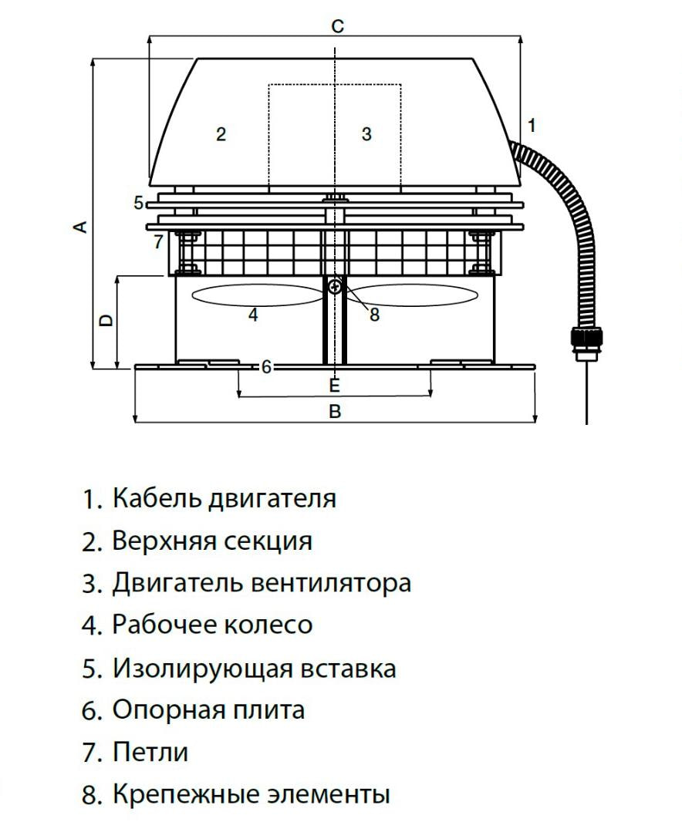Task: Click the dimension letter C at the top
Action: (x=337, y=25)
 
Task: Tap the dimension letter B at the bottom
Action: (x=335, y=411)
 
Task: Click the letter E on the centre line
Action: (x=334, y=384)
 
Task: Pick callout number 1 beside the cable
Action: (x=531, y=124)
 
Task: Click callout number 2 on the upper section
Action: (x=221, y=134)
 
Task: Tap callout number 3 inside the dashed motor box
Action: (x=366, y=134)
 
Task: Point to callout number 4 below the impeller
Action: (x=253, y=315)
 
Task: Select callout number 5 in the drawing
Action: (x=138, y=204)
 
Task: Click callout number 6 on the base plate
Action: (x=266, y=367)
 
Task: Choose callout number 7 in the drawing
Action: (x=157, y=242)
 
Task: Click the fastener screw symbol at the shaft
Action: (x=334, y=287)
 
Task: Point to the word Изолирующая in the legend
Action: (x=192, y=668)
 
